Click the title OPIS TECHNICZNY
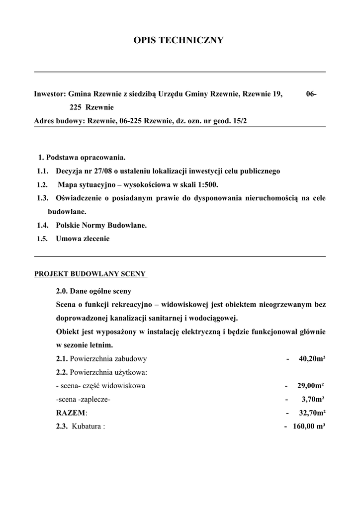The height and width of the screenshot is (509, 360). tap(179, 40)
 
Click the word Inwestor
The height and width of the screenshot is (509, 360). tap(49, 93)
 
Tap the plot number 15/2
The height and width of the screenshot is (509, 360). tap(239, 121)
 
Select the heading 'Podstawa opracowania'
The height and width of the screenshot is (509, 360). tap(86, 158)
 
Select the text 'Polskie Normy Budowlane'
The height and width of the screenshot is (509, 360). tap(101, 225)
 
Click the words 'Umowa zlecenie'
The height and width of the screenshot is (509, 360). tap(83, 239)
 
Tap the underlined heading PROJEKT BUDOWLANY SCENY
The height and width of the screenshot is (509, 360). tap(90, 273)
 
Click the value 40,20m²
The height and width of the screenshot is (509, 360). tap(312, 358)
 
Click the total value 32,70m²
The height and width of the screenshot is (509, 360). tap(312, 413)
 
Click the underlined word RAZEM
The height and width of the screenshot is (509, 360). tap(71, 413)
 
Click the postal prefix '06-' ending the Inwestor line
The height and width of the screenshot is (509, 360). tap(312, 93)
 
